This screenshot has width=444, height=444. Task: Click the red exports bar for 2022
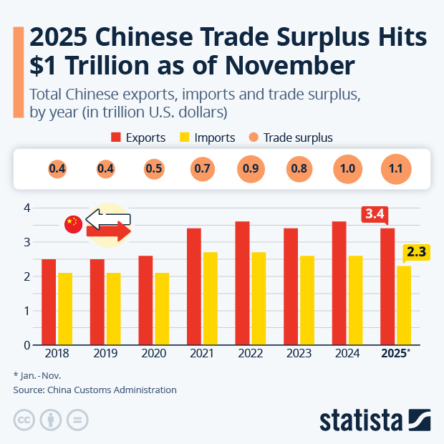(x=242, y=283)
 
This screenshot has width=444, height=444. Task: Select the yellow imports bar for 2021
(x=211, y=298)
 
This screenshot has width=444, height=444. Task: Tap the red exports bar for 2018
(x=49, y=301)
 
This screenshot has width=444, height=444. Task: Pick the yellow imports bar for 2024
(x=355, y=300)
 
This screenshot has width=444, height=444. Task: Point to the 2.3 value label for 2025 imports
(x=415, y=252)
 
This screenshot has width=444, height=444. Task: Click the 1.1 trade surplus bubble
(x=395, y=170)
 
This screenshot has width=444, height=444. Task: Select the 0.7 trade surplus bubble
(x=202, y=170)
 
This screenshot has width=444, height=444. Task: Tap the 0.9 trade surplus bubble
(x=251, y=170)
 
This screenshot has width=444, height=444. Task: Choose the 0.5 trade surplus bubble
(x=153, y=170)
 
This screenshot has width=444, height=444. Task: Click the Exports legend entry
(x=139, y=137)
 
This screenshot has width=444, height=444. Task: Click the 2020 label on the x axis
(x=153, y=353)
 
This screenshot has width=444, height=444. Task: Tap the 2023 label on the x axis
(x=299, y=353)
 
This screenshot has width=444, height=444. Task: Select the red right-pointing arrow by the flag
(x=108, y=231)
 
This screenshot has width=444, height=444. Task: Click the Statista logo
(x=374, y=419)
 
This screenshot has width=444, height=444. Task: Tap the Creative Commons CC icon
(x=24, y=419)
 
